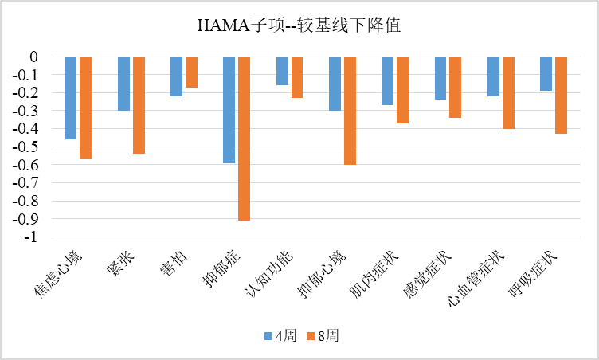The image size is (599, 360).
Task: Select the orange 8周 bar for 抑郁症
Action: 244,139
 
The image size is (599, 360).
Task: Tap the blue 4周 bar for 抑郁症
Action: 229,110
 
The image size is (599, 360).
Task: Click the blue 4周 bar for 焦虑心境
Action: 71,98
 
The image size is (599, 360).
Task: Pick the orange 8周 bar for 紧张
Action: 139,105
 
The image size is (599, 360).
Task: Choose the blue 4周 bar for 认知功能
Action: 282,71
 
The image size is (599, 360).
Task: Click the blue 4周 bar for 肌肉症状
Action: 387,81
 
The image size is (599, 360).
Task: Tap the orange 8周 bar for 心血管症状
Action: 508,93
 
